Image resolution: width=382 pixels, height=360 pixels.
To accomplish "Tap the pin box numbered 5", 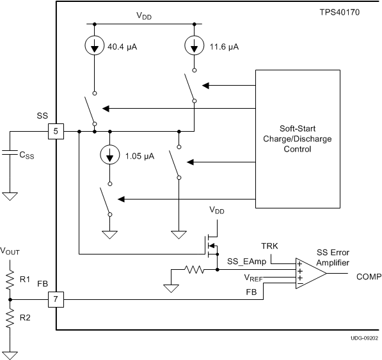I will tap(56, 132).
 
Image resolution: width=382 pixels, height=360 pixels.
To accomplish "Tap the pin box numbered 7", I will tap(56, 299).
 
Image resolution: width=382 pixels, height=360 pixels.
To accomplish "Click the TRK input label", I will tap(269, 246).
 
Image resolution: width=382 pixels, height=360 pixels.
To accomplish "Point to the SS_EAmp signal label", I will tap(246, 262).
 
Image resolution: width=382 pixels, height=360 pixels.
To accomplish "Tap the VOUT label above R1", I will tap(12, 251).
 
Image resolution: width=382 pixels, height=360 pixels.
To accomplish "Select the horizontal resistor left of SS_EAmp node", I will tap(195, 270).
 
